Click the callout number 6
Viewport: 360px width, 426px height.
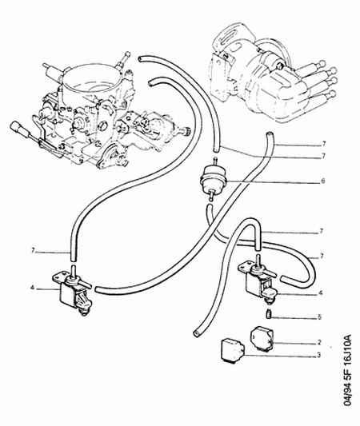pyautogui.click(x=322, y=181)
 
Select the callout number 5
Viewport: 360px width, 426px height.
pyautogui.click(x=319, y=317)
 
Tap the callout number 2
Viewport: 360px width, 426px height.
pyautogui.click(x=319, y=342)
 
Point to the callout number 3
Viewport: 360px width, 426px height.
pyautogui.click(x=318, y=355)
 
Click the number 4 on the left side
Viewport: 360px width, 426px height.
pyautogui.click(x=32, y=287)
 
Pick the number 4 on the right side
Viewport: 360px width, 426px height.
pyautogui.click(x=321, y=293)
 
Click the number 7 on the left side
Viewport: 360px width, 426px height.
pyautogui.click(x=33, y=251)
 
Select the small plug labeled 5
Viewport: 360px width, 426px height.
pyautogui.click(x=268, y=315)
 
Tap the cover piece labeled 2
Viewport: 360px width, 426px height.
pyautogui.click(x=261, y=340)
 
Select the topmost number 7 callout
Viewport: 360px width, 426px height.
pyautogui.click(x=323, y=143)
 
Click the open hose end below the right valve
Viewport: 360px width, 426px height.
pyautogui.click(x=196, y=333)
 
